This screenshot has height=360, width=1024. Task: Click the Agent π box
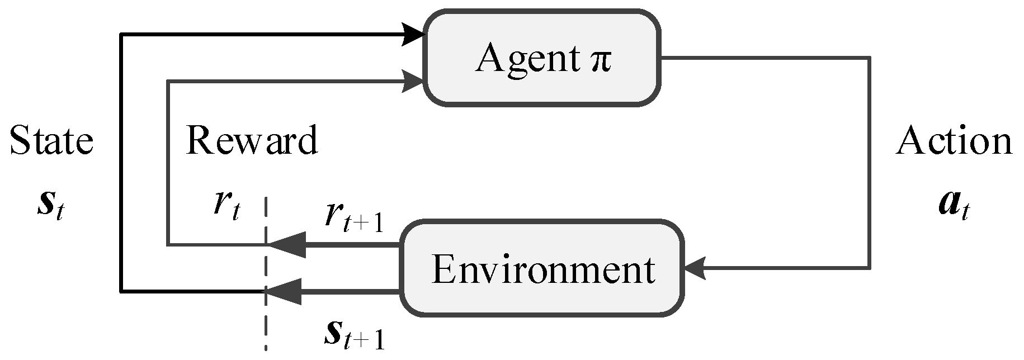[x=541, y=58]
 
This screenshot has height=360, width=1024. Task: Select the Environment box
[x=541, y=268]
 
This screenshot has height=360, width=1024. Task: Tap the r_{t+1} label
[x=355, y=219]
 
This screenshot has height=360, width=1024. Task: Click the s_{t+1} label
[x=355, y=334]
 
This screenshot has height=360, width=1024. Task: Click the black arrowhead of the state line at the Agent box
[x=414, y=35]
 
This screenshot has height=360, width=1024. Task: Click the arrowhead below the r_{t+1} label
[x=288, y=245]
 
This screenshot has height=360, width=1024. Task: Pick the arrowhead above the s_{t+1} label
[x=285, y=291]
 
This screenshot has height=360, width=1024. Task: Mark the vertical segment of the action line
[x=870, y=162]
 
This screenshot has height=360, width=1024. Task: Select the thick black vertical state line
[x=121, y=162]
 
